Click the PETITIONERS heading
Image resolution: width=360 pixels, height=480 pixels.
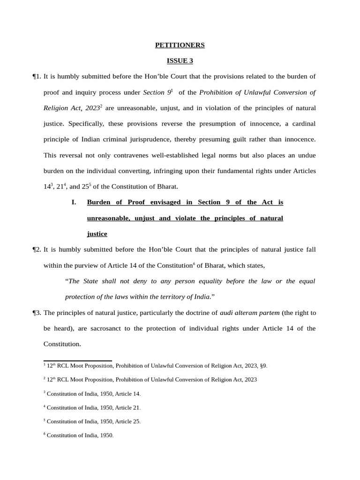180,45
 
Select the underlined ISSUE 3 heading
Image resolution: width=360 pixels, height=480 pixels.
180,61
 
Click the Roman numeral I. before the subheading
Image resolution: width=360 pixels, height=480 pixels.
74,202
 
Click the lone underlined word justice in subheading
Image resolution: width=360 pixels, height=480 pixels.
97,234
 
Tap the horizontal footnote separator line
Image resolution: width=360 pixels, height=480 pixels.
77,361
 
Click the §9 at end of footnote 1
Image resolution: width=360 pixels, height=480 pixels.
263,366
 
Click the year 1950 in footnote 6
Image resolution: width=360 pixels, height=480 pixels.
106,435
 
